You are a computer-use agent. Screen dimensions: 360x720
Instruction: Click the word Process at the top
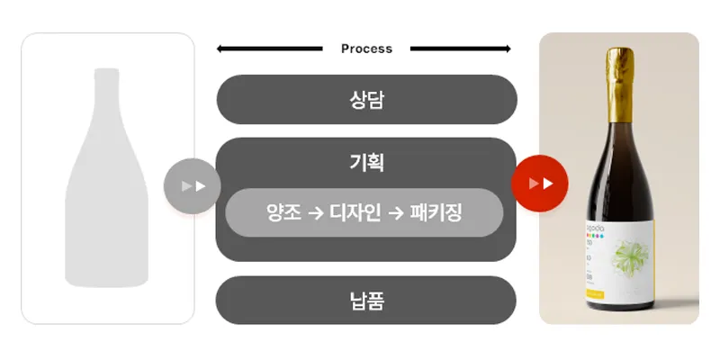(x=366, y=49)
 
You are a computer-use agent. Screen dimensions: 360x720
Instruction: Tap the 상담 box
(x=366, y=99)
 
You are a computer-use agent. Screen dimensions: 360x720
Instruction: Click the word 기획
(x=366, y=163)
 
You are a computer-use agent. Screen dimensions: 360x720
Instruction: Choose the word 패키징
(x=436, y=213)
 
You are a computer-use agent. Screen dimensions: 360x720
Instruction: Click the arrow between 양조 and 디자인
(x=316, y=213)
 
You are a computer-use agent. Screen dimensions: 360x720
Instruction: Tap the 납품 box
(x=366, y=300)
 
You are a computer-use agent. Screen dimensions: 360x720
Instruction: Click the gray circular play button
(x=192, y=186)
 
